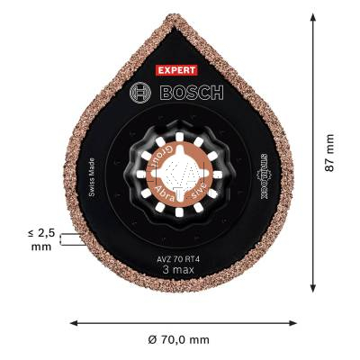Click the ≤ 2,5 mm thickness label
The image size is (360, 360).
[40, 238]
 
